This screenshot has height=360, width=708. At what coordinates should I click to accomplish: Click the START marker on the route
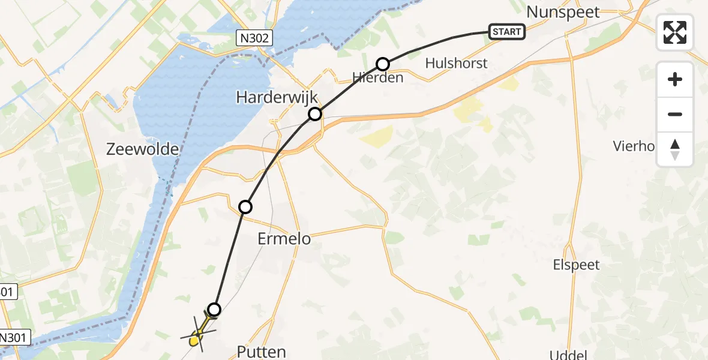507,32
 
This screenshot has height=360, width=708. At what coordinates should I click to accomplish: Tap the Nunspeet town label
563,11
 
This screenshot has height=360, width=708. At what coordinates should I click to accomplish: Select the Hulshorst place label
456,63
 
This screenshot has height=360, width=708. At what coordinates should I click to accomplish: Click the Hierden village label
378,77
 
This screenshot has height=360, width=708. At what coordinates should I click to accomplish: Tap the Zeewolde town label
143,149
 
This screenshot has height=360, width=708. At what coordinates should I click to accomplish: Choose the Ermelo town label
284,239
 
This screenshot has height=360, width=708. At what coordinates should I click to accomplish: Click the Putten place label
261,352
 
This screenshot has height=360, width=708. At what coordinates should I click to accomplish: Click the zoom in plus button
675,79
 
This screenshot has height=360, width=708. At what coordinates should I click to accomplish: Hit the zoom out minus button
675,114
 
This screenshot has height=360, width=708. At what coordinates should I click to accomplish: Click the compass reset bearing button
675,149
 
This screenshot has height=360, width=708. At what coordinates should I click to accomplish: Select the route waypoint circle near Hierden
383,64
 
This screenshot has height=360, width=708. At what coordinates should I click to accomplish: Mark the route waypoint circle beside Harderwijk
315,114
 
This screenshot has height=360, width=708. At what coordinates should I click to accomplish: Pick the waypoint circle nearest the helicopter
214,310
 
